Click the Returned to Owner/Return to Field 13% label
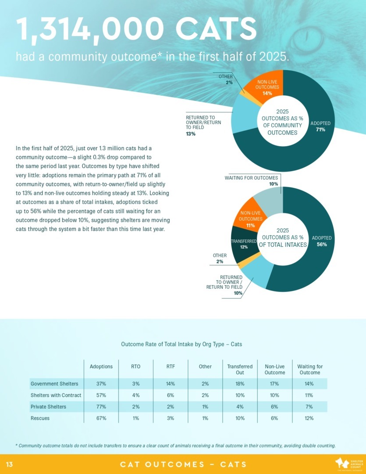click(x=203, y=126)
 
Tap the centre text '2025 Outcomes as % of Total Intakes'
click(x=283, y=238)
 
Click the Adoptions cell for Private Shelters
click(x=101, y=407)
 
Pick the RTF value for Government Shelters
click(x=171, y=384)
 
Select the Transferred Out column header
click(x=240, y=370)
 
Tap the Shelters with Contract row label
click(x=56, y=395)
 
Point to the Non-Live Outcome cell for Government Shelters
click(x=275, y=384)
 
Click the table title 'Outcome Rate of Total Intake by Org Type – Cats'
click(x=181, y=344)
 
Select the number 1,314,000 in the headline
click(x=92, y=29)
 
